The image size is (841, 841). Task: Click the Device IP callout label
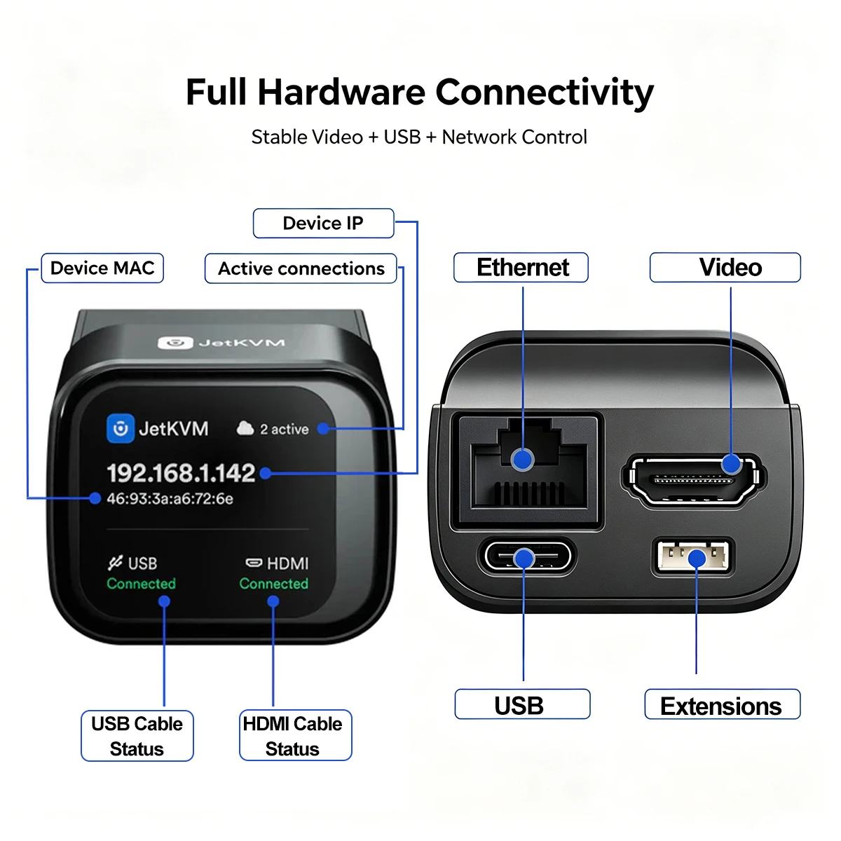pos(323,223)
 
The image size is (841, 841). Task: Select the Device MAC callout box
pos(102,268)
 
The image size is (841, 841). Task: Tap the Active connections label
pos(301,268)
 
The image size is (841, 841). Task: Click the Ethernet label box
pos(521,267)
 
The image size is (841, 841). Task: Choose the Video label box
pos(725,267)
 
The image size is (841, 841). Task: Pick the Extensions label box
pos(723,706)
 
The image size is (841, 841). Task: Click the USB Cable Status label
pos(137,737)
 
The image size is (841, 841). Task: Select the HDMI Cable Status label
pos(296,736)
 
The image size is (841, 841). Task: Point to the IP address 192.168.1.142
pos(181,472)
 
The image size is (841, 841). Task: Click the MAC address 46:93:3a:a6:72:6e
pos(170,498)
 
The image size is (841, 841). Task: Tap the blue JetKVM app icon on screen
pos(121,428)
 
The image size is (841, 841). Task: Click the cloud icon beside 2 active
pos(245,428)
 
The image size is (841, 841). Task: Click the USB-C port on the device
pos(526,557)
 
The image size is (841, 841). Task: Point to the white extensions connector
pos(693,556)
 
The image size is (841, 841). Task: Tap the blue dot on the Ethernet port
pos(522,460)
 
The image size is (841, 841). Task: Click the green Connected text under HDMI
pos(273,584)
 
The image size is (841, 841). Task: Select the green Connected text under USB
pos(141,584)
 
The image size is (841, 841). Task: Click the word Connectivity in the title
pos(545,92)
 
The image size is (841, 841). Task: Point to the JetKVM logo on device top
pos(221,343)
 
